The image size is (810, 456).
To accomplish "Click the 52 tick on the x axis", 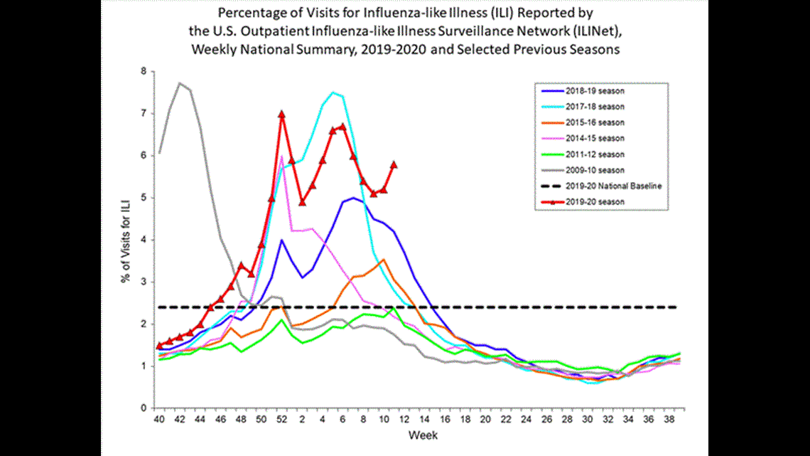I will pyautogui.click(x=282, y=420).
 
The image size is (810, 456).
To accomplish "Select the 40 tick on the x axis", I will pyautogui.click(x=159, y=420).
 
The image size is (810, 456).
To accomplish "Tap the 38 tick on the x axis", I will pyautogui.click(x=670, y=420).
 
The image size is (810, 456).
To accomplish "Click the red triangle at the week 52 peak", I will pyautogui.click(x=282, y=114).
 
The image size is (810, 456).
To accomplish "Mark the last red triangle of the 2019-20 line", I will pyautogui.click(x=394, y=164).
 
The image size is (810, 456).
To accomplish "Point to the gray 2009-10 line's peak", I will pyautogui.click(x=180, y=83).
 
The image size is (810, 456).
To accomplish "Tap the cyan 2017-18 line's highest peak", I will pyautogui.click(x=333, y=92).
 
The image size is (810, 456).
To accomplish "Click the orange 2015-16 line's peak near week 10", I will pyautogui.click(x=384, y=260).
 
